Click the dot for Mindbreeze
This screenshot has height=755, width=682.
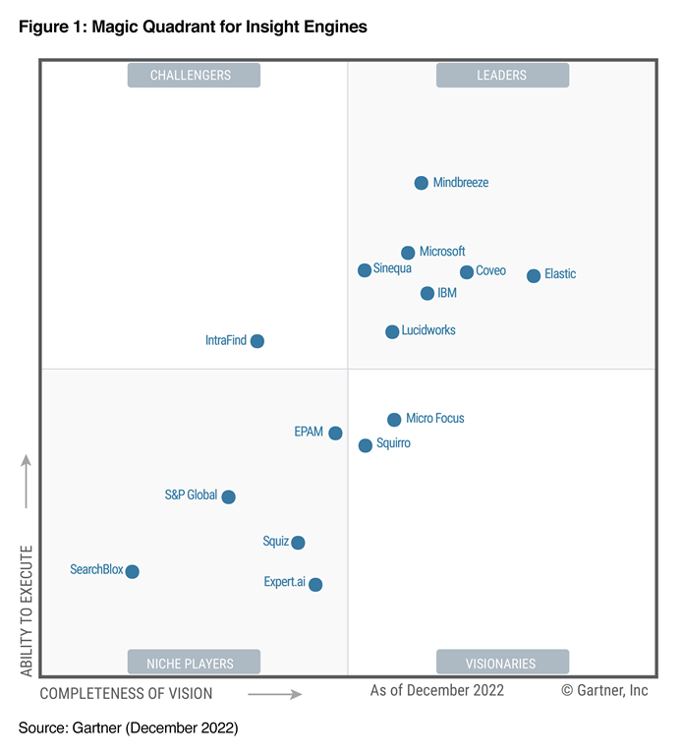[x=421, y=183]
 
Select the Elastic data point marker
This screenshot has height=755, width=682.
[x=534, y=275]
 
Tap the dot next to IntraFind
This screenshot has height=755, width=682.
[x=257, y=341]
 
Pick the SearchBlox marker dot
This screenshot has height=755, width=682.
[x=133, y=571]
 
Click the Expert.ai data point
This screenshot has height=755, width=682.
[x=315, y=584]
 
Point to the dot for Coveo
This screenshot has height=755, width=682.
[x=467, y=272]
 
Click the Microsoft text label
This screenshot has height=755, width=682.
[x=442, y=252]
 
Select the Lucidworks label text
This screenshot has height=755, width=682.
[x=428, y=331]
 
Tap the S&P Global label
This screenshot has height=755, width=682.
[x=191, y=495]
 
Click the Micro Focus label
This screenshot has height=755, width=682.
[x=434, y=419]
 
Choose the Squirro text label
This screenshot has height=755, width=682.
[x=393, y=444]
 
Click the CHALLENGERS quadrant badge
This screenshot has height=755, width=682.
[x=194, y=76]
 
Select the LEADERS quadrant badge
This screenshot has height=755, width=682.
[x=502, y=76]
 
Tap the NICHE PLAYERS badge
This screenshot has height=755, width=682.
[x=194, y=663]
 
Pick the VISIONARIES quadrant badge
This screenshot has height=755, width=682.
[x=502, y=663]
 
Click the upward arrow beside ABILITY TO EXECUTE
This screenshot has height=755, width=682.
[x=27, y=482]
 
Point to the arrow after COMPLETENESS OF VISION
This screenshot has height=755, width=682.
[x=274, y=694]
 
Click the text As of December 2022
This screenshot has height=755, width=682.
[x=436, y=691]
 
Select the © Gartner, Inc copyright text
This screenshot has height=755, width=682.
[x=604, y=691]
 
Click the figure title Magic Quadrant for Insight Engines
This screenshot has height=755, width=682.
[x=193, y=28]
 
